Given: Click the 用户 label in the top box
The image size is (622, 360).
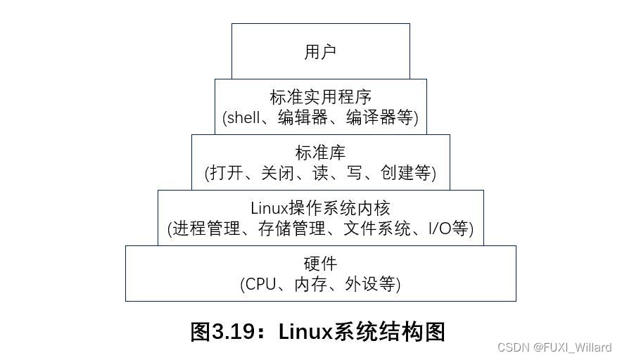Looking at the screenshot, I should [320, 51].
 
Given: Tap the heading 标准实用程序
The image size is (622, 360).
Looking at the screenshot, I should [320, 97].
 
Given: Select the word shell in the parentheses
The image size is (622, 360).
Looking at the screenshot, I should [244, 117].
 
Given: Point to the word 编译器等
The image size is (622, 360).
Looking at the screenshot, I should [379, 117].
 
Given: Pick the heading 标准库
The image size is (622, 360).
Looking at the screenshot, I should [320, 153].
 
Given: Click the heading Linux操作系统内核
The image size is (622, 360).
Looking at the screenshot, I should [320, 208].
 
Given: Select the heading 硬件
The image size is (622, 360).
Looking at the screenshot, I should [320, 264].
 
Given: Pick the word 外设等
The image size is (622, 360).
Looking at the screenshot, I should [371, 284].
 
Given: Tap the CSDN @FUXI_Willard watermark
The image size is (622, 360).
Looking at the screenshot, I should [554, 347].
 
